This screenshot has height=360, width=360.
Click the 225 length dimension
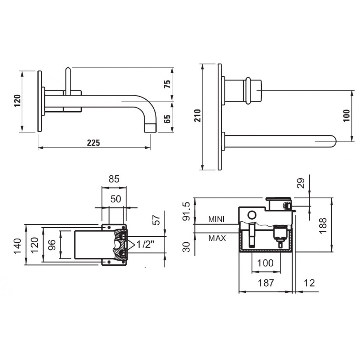(93, 143)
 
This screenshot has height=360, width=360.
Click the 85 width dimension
(114, 179)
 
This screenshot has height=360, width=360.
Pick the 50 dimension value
(116, 199)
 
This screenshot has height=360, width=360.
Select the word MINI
(217, 219)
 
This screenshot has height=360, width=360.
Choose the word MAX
(217, 238)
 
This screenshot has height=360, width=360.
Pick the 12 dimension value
(309, 283)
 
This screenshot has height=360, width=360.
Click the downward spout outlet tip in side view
(150, 127)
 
